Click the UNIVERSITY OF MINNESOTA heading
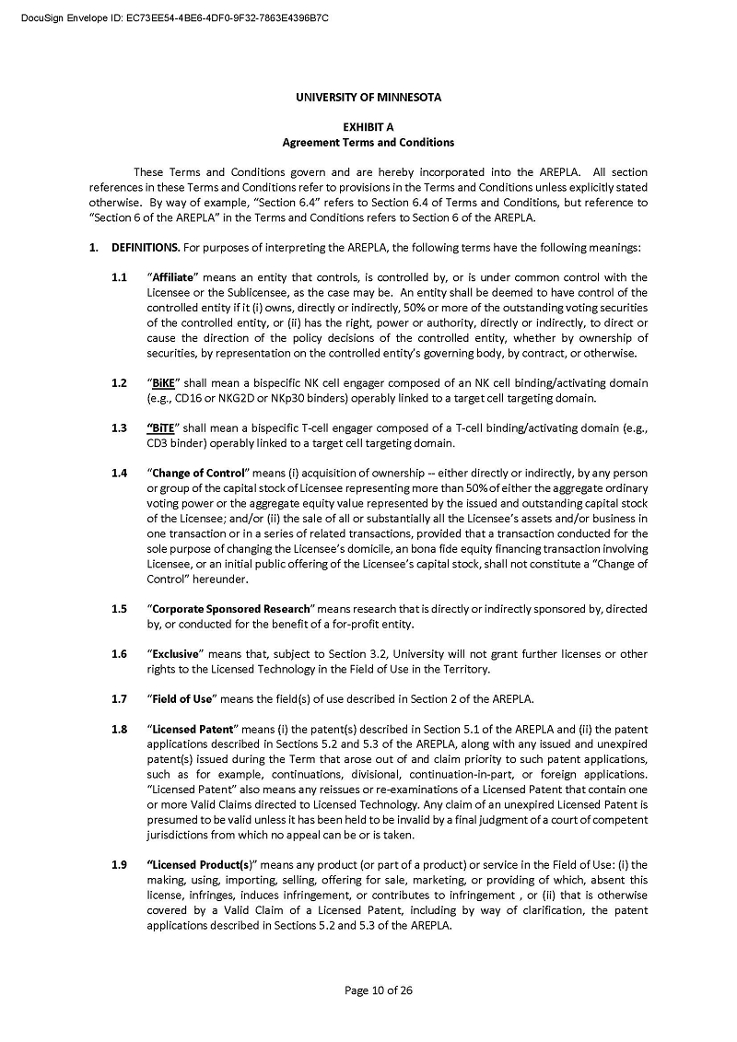click(368, 98)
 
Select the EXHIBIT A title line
click(368, 128)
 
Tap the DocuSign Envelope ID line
click(175, 18)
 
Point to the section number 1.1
click(120, 277)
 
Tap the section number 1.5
click(120, 609)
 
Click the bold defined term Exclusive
click(175, 654)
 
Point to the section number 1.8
click(120, 729)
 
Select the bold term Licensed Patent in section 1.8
click(193, 729)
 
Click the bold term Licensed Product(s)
click(201, 864)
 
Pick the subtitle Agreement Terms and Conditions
click(368, 143)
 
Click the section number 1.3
click(120, 427)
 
